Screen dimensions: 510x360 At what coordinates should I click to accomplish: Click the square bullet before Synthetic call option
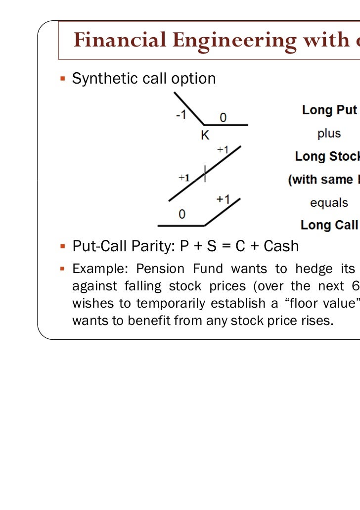click(63, 78)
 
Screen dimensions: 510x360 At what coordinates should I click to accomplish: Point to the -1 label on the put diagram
click(181, 115)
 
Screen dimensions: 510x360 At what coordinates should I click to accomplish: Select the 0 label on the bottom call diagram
click(182, 215)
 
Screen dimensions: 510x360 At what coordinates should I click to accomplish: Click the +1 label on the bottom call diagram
click(223, 199)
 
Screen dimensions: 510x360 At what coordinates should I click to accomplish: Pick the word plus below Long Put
click(329, 134)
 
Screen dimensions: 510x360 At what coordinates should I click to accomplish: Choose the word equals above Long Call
click(329, 203)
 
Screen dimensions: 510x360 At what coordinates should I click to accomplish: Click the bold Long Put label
click(329, 110)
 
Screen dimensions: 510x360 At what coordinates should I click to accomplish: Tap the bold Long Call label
click(329, 226)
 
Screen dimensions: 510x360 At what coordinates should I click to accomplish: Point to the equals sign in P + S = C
click(225, 246)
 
